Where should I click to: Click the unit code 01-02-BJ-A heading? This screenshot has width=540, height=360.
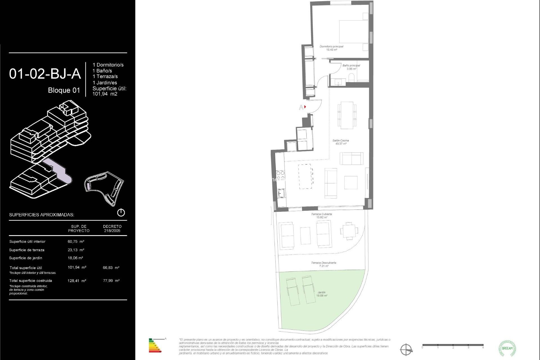(45, 74)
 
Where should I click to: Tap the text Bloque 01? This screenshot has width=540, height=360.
(64, 90)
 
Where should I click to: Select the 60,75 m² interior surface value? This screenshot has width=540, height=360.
(76, 242)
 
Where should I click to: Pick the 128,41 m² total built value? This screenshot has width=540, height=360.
(77, 281)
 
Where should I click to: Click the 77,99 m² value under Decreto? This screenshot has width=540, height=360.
(111, 281)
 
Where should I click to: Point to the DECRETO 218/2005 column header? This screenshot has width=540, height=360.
(112, 228)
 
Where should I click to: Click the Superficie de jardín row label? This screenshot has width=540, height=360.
(26, 258)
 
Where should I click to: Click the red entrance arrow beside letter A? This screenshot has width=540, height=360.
(305, 107)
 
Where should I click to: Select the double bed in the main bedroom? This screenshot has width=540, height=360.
(354, 31)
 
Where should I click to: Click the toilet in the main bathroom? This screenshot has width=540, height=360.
(351, 77)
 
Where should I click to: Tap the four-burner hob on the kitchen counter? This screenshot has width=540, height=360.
(280, 175)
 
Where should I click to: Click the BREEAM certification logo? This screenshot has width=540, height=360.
(507, 348)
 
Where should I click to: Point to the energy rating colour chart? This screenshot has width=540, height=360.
(155, 346)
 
